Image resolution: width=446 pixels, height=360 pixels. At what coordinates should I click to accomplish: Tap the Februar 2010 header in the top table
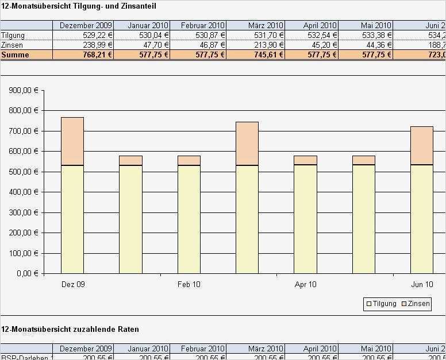point(202,26)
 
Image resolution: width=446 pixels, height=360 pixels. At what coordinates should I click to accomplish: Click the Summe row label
point(14,55)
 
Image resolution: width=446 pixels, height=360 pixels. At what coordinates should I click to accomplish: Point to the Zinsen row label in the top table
point(13,45)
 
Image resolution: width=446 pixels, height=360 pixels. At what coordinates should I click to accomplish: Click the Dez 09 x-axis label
point(72,284)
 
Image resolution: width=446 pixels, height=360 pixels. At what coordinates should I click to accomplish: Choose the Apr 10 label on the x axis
point(305,284)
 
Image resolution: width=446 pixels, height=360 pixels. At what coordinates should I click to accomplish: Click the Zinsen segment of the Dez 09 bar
point(72,141)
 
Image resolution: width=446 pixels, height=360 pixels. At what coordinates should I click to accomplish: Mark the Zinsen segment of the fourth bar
point(247,144)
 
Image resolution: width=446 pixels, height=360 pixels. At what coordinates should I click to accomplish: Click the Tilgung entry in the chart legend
point(381,304)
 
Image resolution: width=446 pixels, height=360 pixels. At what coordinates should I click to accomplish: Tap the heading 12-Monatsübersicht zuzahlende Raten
point(70,329)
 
